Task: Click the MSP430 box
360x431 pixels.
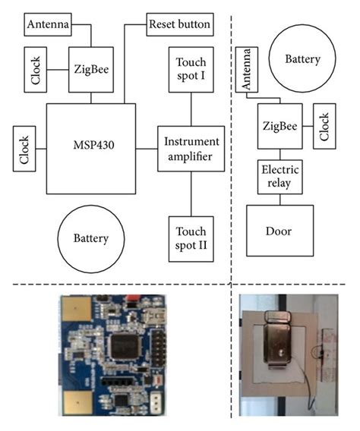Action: point(91,149)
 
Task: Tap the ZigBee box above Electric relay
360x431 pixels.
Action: point(280,124)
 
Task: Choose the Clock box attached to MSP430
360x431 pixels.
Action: point(25,149)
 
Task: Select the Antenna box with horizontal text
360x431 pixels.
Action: point(49,24)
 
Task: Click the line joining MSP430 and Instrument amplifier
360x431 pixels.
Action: point(147,149)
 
